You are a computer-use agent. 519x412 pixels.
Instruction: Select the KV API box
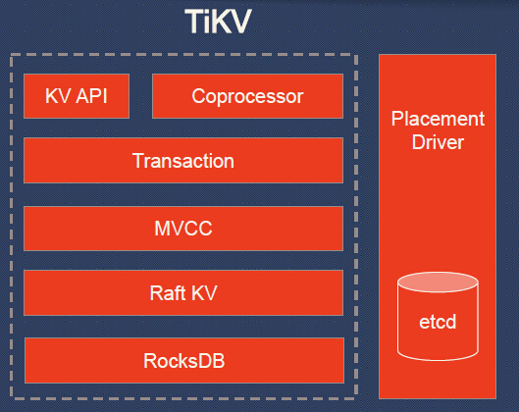[x=77, y=96]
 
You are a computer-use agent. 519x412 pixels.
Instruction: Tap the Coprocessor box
[x=247, y=96]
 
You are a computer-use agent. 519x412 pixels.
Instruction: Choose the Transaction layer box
[x=183, y=161]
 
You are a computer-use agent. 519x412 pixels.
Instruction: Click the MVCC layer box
[x=183, y=230]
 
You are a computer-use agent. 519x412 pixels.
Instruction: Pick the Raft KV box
[x=183, y=293]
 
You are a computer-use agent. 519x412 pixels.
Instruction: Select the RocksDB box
[x=183, y=360]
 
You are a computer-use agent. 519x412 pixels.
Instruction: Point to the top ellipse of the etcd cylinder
[x=439, y=283]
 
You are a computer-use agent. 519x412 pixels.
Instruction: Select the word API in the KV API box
[x=92, y=97]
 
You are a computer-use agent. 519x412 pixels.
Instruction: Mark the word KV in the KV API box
[x=58, y=97]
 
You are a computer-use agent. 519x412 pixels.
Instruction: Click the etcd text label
[x=439, y=322]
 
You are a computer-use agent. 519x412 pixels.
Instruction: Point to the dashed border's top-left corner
[x=11, y=55]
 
